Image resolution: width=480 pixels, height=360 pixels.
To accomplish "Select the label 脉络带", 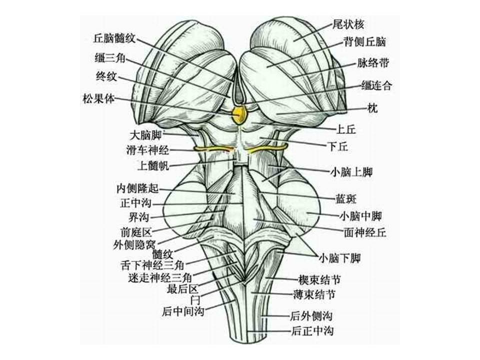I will pos(373,63).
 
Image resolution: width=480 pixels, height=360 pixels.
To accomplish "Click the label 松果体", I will pos(98,98).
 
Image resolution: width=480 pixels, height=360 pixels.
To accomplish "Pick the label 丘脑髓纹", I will pos(115,38).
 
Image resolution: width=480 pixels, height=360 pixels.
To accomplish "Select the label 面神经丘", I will pos(365,232).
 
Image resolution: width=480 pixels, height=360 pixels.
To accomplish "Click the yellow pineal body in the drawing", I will pos(241,114).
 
